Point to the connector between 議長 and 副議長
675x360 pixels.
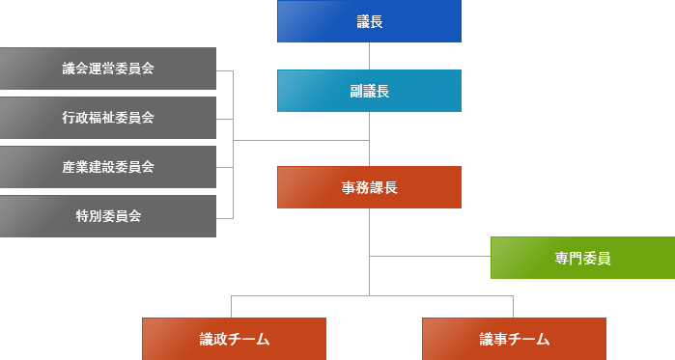click(369, 56)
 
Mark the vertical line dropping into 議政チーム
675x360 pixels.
click(232, 306)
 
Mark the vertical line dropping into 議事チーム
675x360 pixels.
click(513, 306)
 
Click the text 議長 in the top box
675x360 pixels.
click(369, 21)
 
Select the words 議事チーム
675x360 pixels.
click(514, 339)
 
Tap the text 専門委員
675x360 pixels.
click(582, 258)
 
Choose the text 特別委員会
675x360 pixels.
click(108, 216)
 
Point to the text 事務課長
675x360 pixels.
click(369, 187)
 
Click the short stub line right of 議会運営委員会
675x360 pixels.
click(225, 70)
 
